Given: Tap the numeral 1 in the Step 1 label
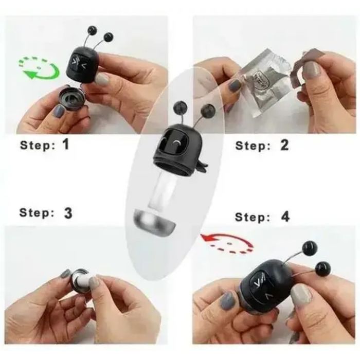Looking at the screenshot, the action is point(65,144).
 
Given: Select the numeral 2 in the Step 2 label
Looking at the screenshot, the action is point(284,145).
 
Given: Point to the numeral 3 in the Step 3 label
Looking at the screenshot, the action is point(68,213).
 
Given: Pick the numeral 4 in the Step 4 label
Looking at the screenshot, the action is point(285,217).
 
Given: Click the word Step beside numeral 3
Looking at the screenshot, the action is point(37,212).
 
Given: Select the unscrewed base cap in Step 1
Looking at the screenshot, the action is point(71,97).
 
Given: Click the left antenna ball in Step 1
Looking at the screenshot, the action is point(93,30).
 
